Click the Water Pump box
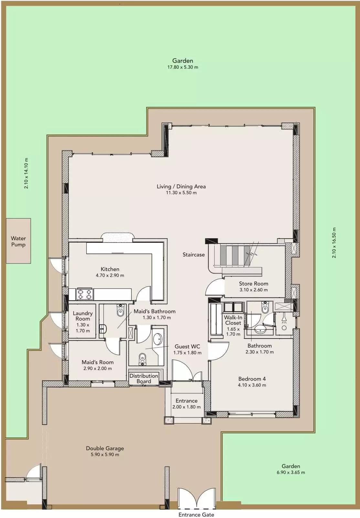pos(18,241)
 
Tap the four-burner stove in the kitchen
pos(84,294)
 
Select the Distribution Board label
pos(144,378)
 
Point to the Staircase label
pos(194,254)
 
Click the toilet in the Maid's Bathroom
pos(120,310)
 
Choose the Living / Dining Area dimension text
pos(181,193)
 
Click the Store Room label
pos(253,284)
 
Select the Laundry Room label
pos(83,316)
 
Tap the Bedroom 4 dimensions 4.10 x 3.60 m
pos(252,385)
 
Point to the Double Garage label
pos(105,448)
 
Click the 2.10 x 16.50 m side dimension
pos(334,243)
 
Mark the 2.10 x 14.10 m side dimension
pos(26,173)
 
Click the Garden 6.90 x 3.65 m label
pos(291,469)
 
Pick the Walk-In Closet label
pos(233,320)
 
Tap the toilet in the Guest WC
pos(142,359)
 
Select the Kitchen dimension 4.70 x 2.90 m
pos(110,275)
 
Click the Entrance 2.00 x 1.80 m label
pos(186,404)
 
